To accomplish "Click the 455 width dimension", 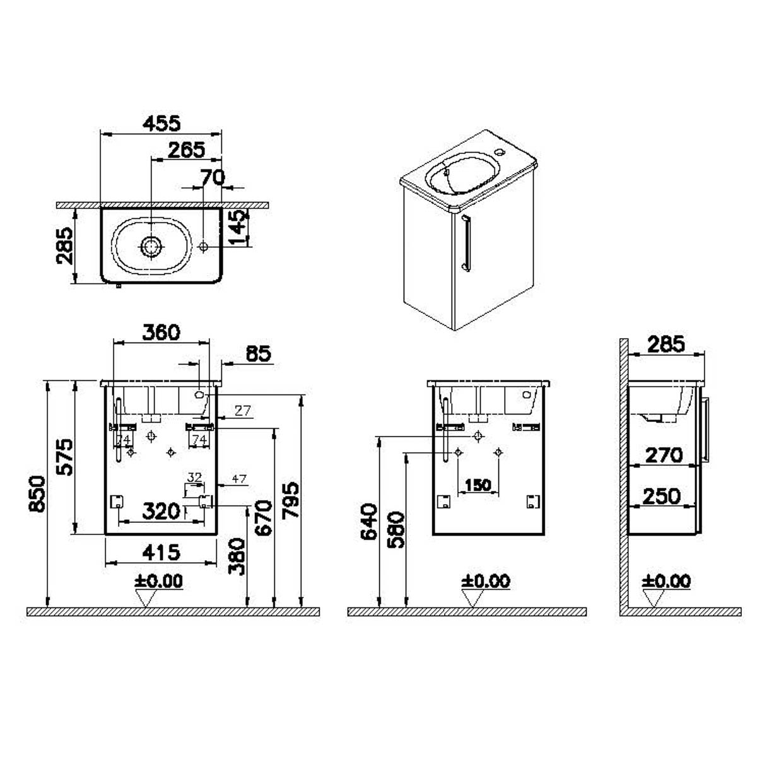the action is coord(161,123).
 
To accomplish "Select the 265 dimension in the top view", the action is coord(187,150).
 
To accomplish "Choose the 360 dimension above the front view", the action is coord(160,332).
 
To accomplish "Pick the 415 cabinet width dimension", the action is coord(160,553).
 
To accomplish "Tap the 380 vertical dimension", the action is coord(237,556).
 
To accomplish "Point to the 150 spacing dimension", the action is coord(478,485).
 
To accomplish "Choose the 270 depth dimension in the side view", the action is coord(664,454).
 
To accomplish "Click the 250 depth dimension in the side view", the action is coord(662,496).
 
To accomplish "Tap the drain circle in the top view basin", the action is coord(151,246).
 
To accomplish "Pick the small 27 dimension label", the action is coord(243,411).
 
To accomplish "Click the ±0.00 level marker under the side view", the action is coord(667,581).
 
